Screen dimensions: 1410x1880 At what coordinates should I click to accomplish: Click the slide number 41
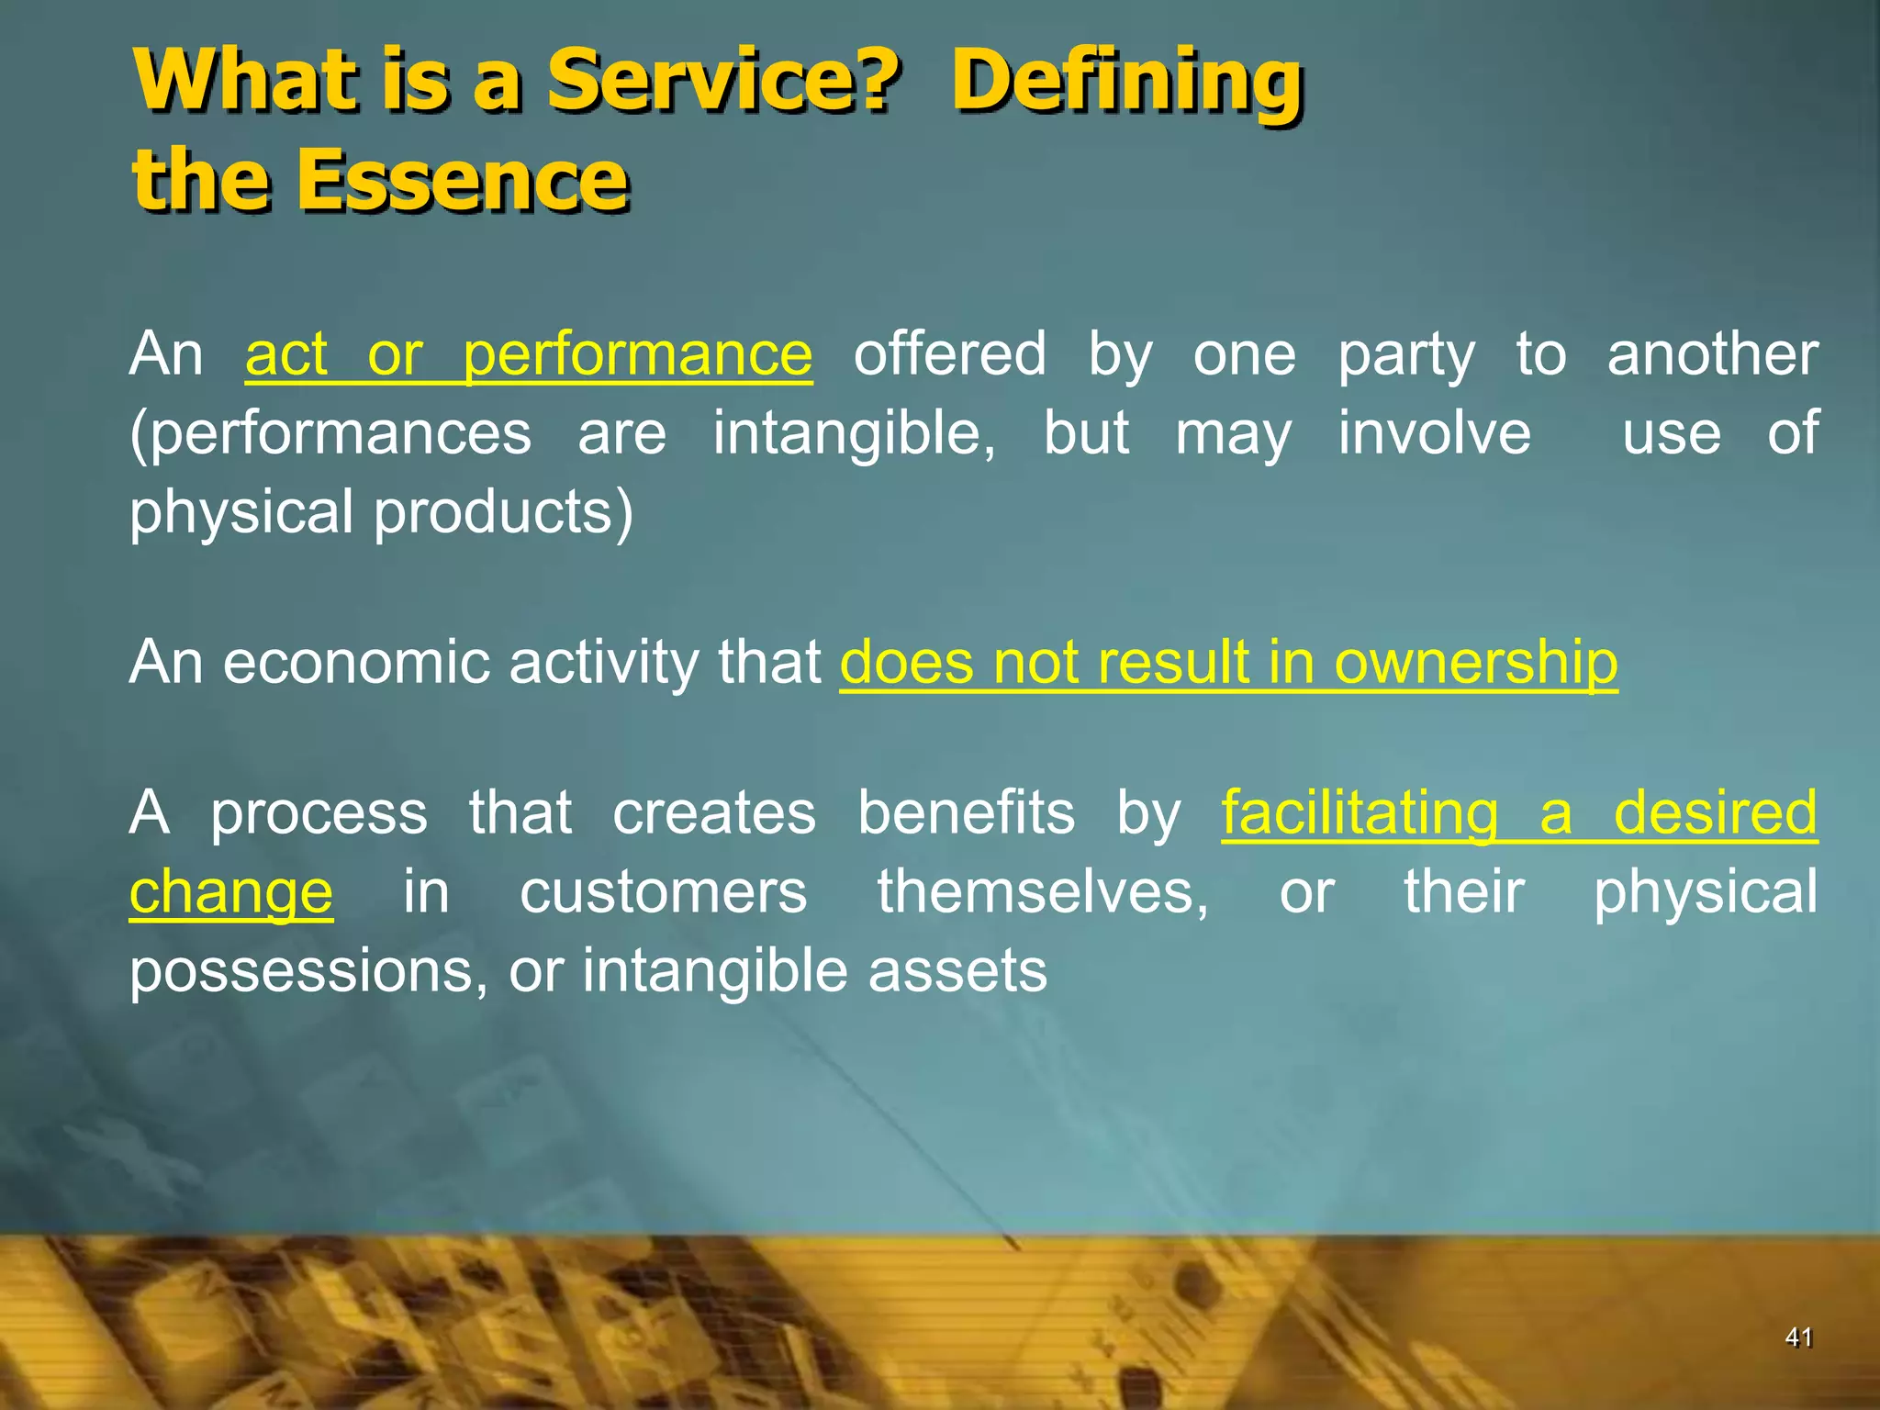pos(1798,1337)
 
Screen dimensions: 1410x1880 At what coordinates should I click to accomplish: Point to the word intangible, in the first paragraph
pos(855,433)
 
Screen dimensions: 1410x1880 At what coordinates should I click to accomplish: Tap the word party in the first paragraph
pos(1406,356)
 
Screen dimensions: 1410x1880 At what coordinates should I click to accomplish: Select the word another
pos(1712,354)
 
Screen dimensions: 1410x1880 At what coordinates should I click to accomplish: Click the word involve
pos(1434,433)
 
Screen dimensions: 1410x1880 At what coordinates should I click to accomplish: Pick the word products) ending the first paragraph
pos(503,512)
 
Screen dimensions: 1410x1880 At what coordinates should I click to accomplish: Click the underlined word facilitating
pos(1360,814)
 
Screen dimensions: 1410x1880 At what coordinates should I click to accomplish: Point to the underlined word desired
pos(1715,813)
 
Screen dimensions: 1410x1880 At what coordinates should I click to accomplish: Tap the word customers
pos(663,892)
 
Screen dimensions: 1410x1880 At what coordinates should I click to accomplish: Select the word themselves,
pos(1043,892)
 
